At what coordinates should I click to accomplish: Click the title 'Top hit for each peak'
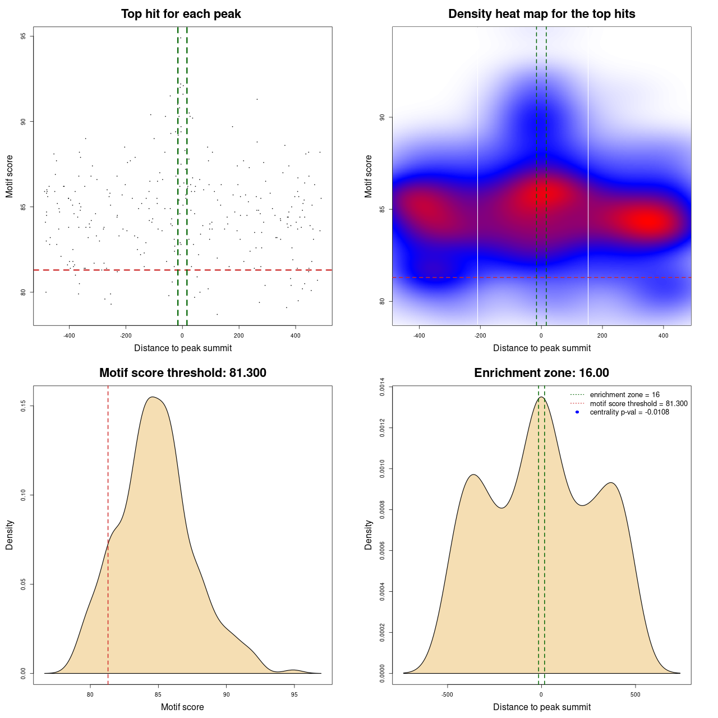tap(181, 14)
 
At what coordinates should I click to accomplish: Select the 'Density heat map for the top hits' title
tap(541, 14)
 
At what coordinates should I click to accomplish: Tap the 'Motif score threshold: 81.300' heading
tap(182, 373)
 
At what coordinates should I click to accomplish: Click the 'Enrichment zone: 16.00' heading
tap(541, 373)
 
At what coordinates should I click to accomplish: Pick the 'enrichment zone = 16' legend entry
tap(624, 395)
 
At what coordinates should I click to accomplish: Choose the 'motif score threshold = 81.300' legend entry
tap(638, 404)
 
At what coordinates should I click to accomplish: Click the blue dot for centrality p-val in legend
tap(577, 412)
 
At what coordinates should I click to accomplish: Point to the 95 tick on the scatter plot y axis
tap(23, 36)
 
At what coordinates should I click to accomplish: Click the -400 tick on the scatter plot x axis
tap(69, 335)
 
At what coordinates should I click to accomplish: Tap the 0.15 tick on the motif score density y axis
tap(23, 406)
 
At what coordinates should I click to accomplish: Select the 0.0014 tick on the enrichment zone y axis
tap(382, 387)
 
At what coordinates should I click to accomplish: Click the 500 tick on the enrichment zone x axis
tap(635, 694)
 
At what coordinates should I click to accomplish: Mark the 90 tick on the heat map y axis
tap(382, 117)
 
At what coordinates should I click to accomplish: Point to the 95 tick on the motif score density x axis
tap(294, 694)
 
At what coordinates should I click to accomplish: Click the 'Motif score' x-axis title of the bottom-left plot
tap(182, 707)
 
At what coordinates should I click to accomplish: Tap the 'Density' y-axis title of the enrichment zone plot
tap(369, 535)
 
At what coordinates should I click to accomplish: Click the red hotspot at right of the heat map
tap(648, 221)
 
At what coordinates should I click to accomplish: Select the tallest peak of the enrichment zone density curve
tap(541, 397)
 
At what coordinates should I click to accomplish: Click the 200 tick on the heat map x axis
tap(602, 335)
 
